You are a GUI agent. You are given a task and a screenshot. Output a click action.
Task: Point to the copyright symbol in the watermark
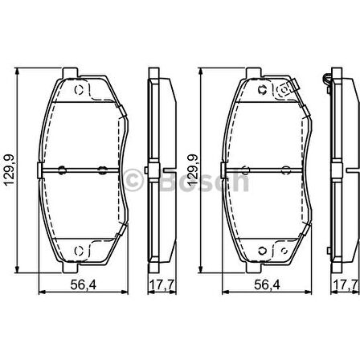(134, 179)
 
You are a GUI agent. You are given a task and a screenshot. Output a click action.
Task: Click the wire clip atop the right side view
(329, 79)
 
